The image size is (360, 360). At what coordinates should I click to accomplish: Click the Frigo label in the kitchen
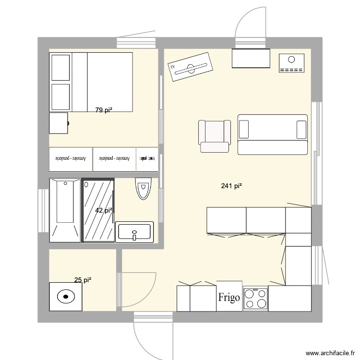click(229, 297)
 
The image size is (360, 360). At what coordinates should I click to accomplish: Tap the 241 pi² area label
click(231, 186)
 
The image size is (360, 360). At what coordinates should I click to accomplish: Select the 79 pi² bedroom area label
click(104, 110)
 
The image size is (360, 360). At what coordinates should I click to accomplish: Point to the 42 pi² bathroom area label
click(104, 210)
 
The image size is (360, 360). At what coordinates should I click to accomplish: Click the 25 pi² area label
click(83, 280)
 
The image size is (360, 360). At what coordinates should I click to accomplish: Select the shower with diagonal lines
click(98, 210)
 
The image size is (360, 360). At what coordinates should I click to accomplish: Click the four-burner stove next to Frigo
click(255, 298)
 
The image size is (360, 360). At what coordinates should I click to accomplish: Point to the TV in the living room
click(191, 67)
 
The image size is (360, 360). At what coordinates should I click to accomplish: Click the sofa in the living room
click(272, 134)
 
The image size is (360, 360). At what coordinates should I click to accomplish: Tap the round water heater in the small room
click(64, 297)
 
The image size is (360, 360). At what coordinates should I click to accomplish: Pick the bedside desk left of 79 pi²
click(59, 123)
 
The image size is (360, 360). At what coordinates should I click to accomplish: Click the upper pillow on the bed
click(60, 67)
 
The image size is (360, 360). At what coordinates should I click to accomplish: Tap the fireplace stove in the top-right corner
click(291, 63)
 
